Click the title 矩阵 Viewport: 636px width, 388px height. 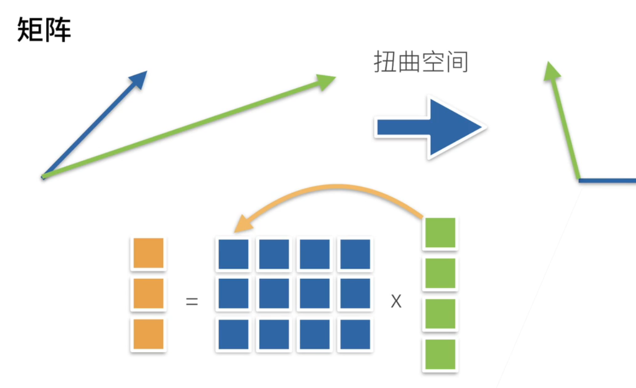tap(44, 30)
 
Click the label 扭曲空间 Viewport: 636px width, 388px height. tap(421, 63)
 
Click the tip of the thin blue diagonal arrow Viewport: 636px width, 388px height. tap(140, 78)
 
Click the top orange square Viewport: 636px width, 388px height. tap(148, 253)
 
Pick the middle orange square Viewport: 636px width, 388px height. tap(148, 294)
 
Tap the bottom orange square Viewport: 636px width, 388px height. tap(148, 334)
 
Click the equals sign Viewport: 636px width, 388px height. tap(192, 301)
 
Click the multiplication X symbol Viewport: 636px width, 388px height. tap(396, 301)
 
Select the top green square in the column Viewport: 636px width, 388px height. tap(440, 233)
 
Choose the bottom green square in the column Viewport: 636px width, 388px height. tap(440, 354)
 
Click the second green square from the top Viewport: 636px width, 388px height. tap(440, 273)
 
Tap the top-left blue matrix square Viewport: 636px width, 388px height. tap(233, 254)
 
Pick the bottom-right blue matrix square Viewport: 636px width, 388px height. tap(355, 334)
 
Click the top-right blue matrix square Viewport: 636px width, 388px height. tap(355, 254)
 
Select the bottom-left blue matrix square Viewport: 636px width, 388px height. tap(233, 334)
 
